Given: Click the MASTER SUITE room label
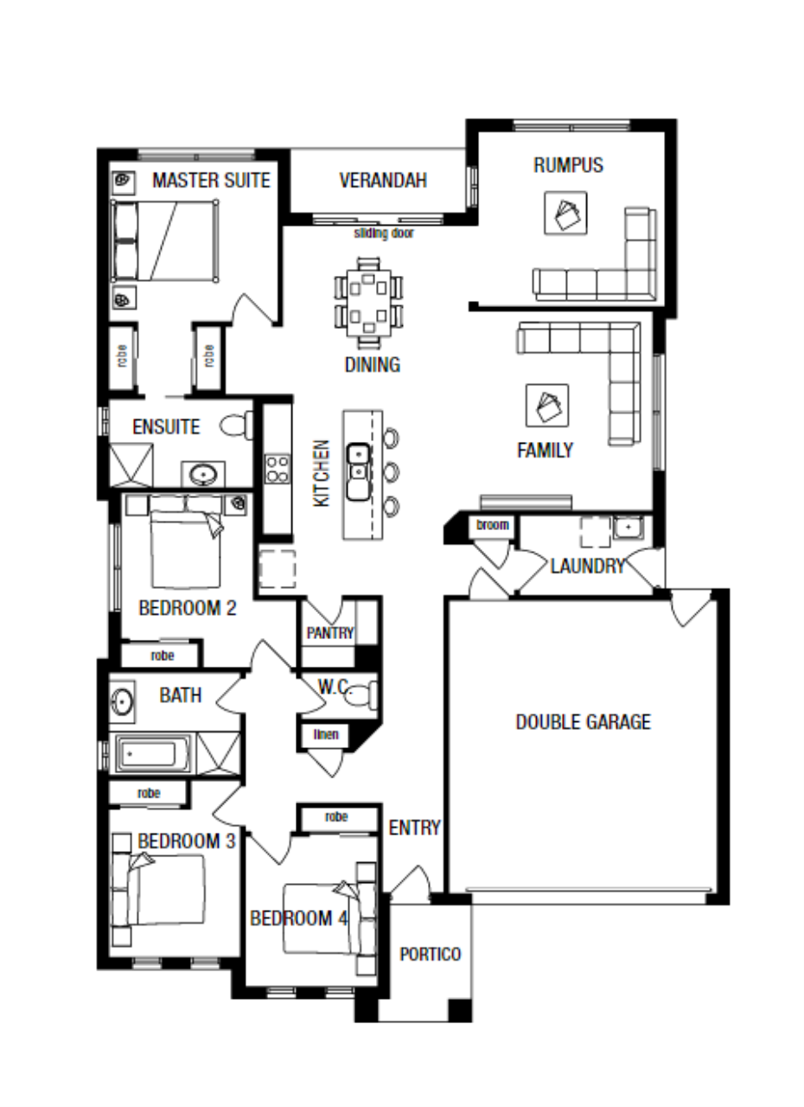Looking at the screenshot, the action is point(211,181).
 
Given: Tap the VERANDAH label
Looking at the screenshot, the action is point(383,181).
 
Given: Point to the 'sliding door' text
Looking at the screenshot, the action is point(384,233).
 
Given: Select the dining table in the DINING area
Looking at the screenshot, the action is point(368,303).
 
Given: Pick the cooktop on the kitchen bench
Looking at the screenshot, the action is point(277,469).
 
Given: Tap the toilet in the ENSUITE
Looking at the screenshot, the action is point(236,425).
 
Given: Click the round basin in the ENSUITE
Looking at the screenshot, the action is point(203,475).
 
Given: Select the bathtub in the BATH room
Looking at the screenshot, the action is point(153,753).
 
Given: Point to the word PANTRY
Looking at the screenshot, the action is point(330,633).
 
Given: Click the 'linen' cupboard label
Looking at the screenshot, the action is point(326,734).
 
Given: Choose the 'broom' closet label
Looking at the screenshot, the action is point(493,525).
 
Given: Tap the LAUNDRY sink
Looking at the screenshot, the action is point(629,528).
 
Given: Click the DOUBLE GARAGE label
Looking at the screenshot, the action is point(584,722).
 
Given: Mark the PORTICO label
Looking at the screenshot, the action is point(431,954).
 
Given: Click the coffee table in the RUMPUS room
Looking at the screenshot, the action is point(566,213).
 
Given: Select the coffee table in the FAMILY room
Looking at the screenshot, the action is point(547,406).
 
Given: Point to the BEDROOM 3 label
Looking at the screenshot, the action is point(187,841).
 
